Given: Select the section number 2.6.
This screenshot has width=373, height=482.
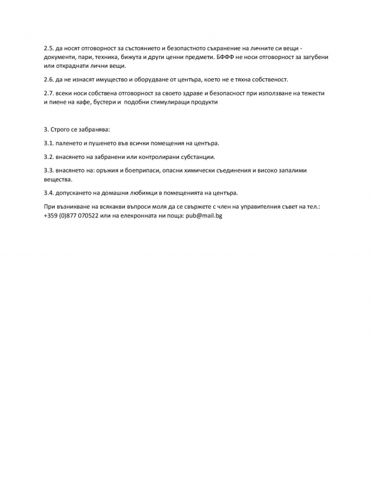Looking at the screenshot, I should (49, 80).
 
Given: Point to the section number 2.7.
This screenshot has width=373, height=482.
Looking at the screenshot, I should (49, 93).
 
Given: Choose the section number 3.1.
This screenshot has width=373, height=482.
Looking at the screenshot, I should (49, 143).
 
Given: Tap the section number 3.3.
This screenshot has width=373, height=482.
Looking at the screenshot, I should (49, 170).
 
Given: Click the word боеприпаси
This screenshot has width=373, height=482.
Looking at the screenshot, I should (146, 170).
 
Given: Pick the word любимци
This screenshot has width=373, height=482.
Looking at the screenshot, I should (155, 193).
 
